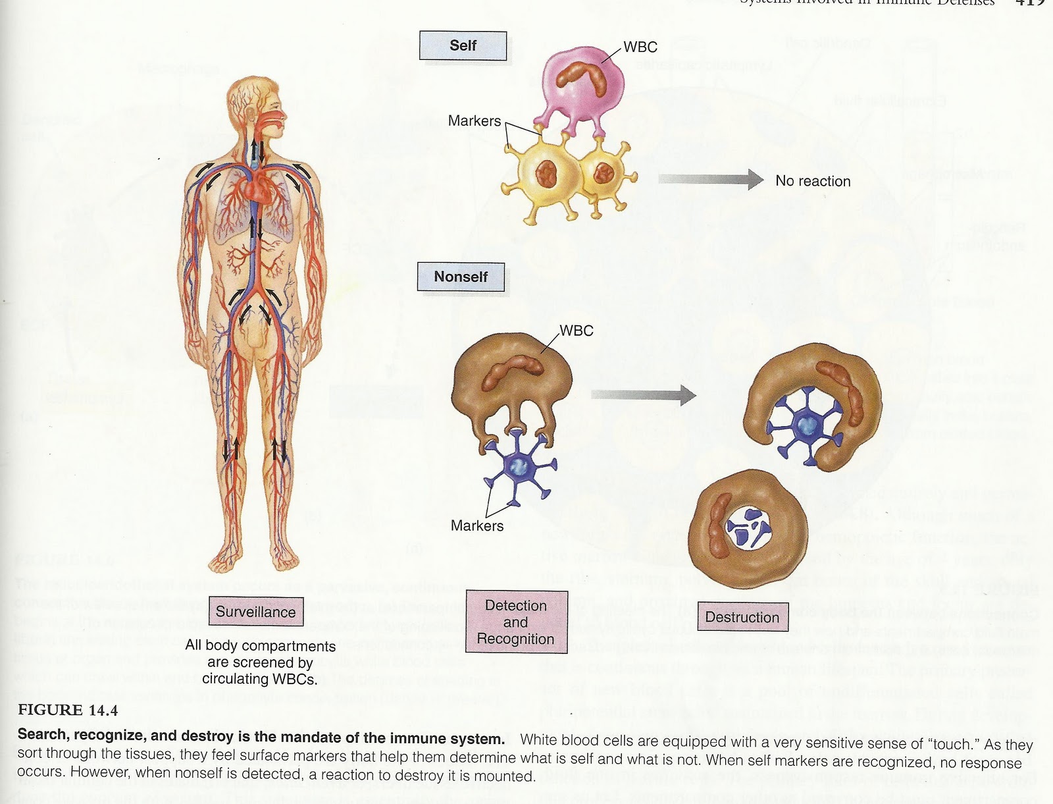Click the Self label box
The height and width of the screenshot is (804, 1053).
pyautogui.click(x=463, y=45)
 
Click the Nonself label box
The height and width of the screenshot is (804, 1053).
pyautogui.click(x=461, y=277)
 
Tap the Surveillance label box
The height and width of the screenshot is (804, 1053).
pyautogui.click(x=255, y=612)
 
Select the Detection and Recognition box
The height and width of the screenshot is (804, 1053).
pyautogui.click(x=515, y=622)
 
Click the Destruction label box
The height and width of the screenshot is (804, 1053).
pyautogui.click(x=742, y=617)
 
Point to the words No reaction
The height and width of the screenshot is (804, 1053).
pyautogui.click(x=813, y=181)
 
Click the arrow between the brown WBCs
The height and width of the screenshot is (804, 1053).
pyautogui.click(x=642, y=395)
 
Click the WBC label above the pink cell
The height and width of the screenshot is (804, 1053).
pyautogui.click(x=640, y=47)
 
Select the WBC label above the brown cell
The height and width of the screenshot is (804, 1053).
pyautogui.click(x=576, y=331)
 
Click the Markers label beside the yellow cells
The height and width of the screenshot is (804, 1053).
pyautogui.click(x=474, y=121)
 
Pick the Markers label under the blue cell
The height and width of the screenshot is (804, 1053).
pyautogui.click(x=476, y=525)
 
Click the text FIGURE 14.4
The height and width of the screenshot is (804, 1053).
pyautogui.click(x=68, y=710)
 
